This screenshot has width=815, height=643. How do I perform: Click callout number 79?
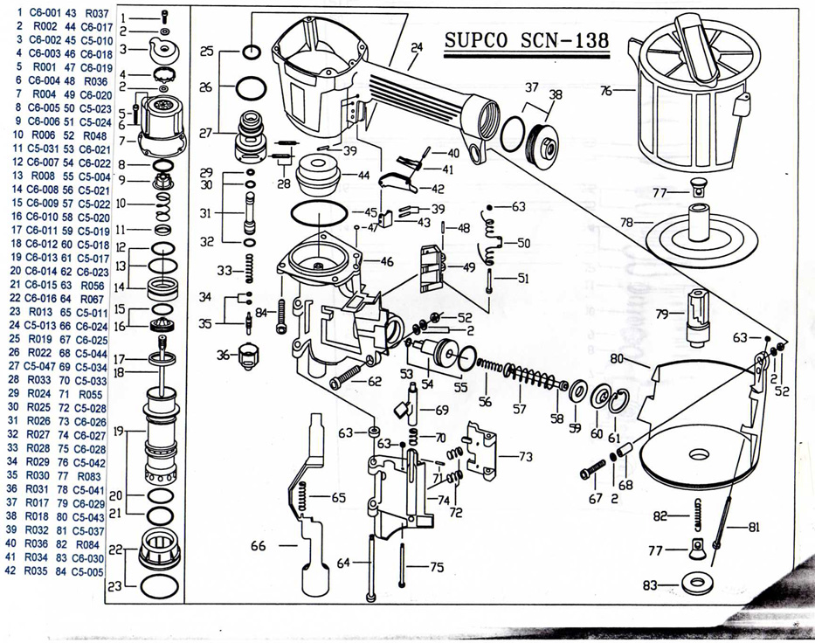[662, 313]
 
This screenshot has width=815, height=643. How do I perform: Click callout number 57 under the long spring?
[520, 408]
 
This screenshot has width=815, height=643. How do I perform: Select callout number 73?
[525, 456]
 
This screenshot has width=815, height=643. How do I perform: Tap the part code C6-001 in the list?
[45, 13]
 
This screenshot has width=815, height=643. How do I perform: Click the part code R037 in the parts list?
[97, 13]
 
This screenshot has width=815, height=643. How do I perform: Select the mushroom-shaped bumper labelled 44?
[318, 177]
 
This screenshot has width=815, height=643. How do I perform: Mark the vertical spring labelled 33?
[248, 270]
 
